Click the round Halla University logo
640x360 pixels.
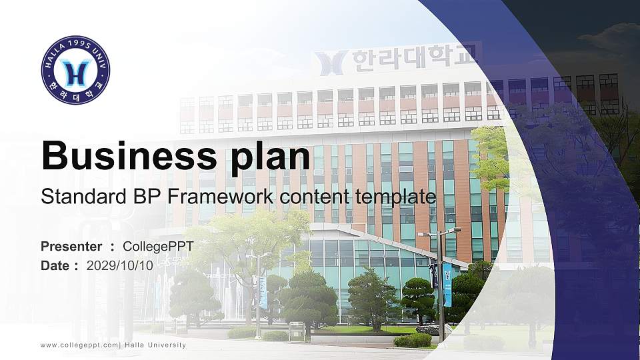[x=75, y=71]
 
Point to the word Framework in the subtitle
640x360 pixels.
[x=219, y=197]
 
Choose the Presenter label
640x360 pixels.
[x=71, y=247]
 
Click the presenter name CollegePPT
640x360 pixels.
[x=158, y=247]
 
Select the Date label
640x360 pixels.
[x=55, y=265]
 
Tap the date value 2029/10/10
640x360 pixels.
[x=120, y=265]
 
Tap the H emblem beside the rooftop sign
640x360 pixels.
[x=331, y=63]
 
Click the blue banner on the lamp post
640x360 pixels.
[x=447, y=284]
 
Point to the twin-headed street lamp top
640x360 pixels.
[x=440, y=233]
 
